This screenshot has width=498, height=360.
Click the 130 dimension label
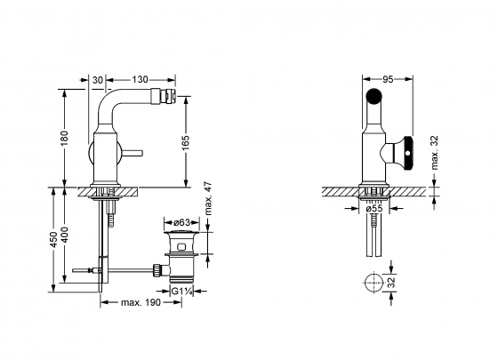point(141,79)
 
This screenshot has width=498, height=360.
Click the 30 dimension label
point(98,80)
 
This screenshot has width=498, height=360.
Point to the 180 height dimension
point(64,138)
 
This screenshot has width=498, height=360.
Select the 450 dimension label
point(53,240)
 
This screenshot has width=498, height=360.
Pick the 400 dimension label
point(64,235)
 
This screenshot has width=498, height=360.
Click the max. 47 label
point(208,198)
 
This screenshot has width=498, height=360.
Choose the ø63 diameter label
point(181,221)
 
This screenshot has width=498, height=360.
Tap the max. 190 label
point(141,302)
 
